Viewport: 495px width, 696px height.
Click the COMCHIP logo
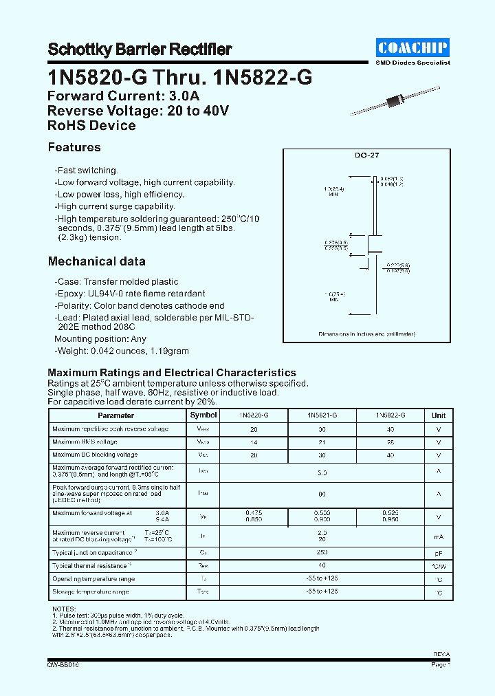click(413, 47)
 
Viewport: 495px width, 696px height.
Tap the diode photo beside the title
click(395, 102)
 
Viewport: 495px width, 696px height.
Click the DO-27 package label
click(367, 156)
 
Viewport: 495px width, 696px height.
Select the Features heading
click(74, 147)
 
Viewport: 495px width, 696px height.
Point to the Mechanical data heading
click(96, 261)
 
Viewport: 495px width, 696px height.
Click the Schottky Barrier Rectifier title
click(140, 50)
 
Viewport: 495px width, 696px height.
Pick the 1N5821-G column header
click(322, 415)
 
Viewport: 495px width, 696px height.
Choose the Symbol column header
click(203, 415)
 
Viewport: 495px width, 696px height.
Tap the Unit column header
click(439, 415)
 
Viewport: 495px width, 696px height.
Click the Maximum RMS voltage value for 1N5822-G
click(390, 442)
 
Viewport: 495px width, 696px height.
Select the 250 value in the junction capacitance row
click(322, 553)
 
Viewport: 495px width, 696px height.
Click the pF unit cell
click(439, 553)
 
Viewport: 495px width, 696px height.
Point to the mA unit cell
click(439, 536)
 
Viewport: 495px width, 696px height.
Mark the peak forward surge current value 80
click(322, 494)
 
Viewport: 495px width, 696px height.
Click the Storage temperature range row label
click(91, 591)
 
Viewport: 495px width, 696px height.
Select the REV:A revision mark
click(442, 655)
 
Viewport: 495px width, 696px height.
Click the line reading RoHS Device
click(91, 126)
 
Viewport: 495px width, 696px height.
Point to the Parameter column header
click(116, 415)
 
